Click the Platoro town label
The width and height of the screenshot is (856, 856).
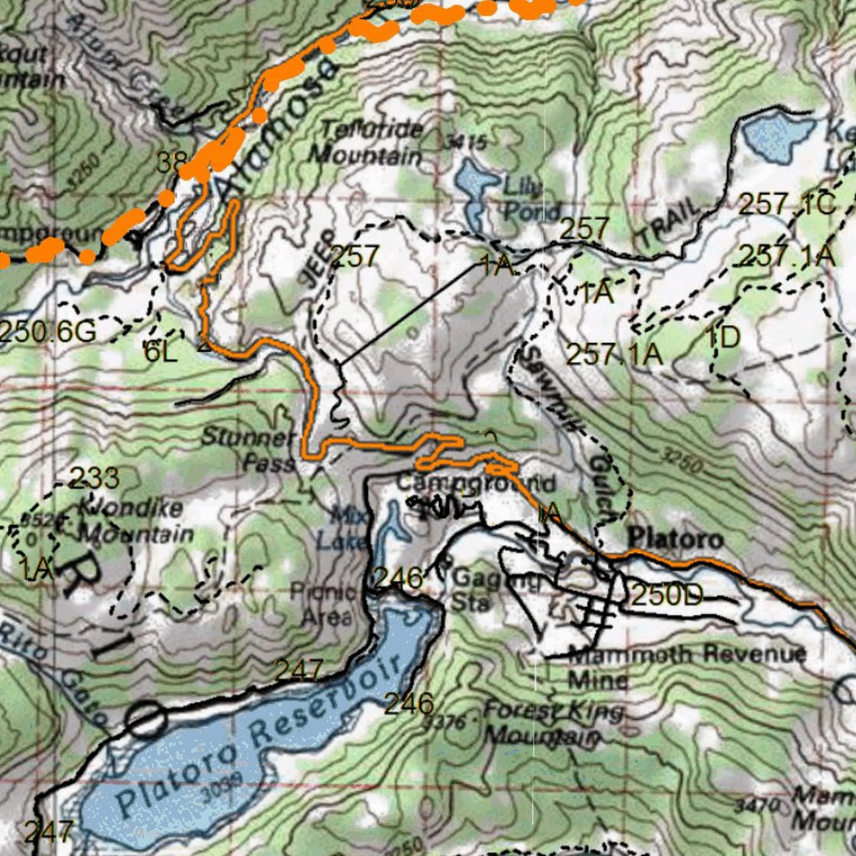point(675,538)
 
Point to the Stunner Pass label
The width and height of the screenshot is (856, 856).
point(248,450)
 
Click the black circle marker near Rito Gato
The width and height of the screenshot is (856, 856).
point(146,719)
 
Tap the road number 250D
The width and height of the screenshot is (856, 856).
point(666,595)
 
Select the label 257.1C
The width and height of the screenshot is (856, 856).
point(786,204)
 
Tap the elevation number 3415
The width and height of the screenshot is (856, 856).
point(466,142)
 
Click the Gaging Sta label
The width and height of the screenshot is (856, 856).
point(481,589)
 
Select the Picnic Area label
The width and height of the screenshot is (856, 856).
point(324,604)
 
